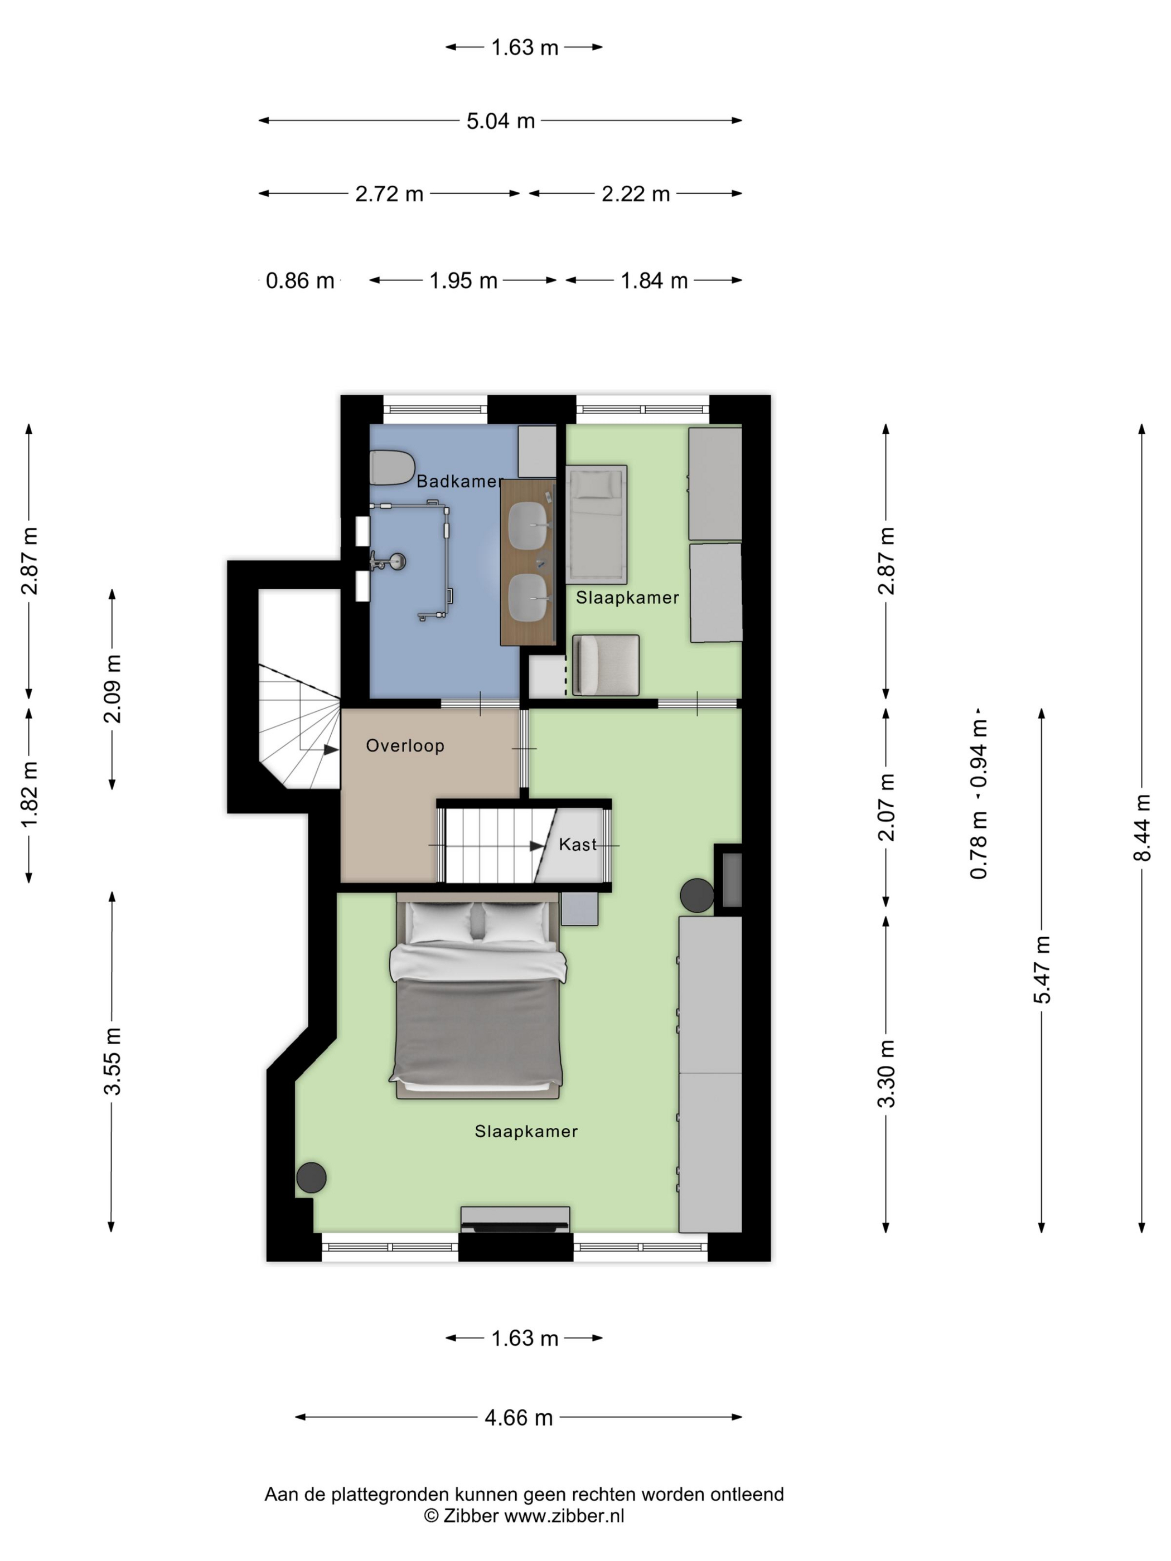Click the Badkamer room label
pos(459,481)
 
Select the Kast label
pos(577,844)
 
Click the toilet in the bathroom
pos(392,467)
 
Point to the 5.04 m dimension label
pos(500,120)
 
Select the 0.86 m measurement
pos(300,281)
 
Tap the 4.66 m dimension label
pos(519,1418)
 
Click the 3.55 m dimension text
pos(112,1061)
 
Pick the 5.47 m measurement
pos(1042,969)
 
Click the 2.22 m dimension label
pos(635,193)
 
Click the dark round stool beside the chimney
pos(696,895)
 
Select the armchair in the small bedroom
pos(606,665)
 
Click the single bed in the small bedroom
pos(597,525)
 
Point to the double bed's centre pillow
pos(477,923)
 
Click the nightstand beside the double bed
pos(579,909)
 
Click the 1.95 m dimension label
pos(464,281)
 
